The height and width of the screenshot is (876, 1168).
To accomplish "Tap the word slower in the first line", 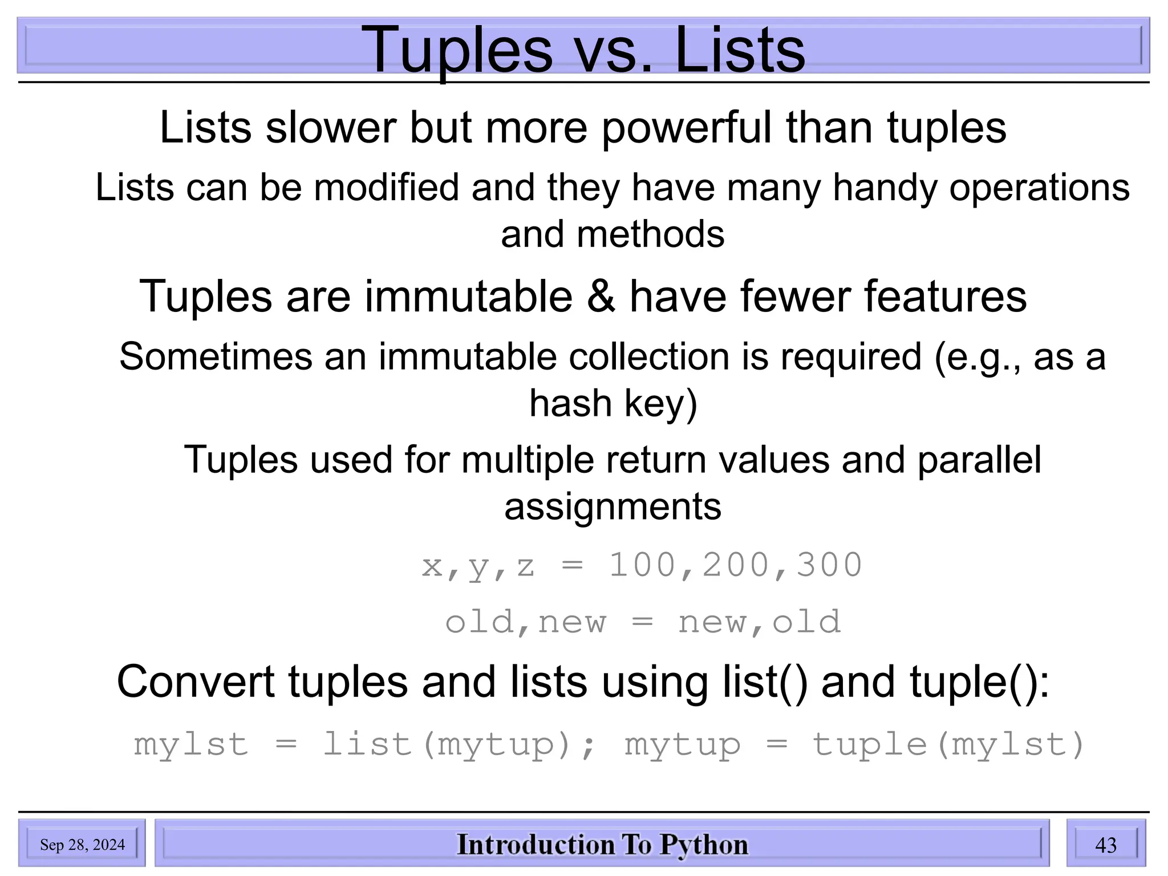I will [x=331, y=128].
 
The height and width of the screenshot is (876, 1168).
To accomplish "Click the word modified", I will [x=386, y=188].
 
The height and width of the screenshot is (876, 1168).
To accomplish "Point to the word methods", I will [x=650, y=234].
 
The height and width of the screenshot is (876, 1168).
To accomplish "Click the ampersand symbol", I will [x=601, y=297].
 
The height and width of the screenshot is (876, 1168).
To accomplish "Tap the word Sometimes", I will [x=216, y=357].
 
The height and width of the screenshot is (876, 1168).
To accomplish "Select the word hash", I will [x=571, y=404].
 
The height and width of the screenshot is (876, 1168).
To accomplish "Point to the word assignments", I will [x=613, y=506].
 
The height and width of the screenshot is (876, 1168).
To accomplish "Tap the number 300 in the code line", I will [x=829, y=565].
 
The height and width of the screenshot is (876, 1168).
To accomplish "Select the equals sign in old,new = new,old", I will [x=642, y=622].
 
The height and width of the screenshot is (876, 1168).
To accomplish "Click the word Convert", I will [x=196, y=682].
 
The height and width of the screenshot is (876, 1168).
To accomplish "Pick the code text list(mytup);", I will [x=459, y=745].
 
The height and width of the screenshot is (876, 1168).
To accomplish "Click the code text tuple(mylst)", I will [x=948, y=745].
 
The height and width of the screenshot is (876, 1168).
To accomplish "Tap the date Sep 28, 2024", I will [x=82, y=845].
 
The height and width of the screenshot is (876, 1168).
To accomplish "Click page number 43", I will [x=1106, y=845].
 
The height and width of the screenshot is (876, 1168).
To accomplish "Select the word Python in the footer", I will [x=704, y=845].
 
